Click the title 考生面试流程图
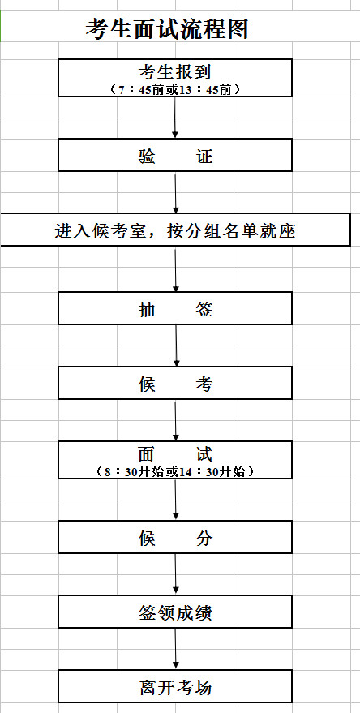tap(167, 29)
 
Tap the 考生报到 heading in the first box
tap(175, 72)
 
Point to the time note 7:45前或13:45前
tap(175, 89)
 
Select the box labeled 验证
tap(175, 155)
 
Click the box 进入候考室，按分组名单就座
tap(175, 230)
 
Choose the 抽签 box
tap(175, 308)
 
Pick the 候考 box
tap(175, 383)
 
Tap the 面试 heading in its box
tap(175, 453)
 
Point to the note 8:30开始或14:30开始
tap(175, 471)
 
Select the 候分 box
tap(175, 537)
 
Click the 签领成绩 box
tap(175, 612)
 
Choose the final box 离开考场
tap(175, 686)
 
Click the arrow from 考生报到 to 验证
tap(175, 118)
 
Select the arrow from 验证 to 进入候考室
tap(175, 192)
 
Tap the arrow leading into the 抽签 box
tap(176, 269)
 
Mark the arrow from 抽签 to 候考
tap(177, 346)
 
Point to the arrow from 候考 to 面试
tap(176, 420)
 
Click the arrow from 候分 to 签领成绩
tap(176, 574)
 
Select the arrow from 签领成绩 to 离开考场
tap(176, 649)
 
